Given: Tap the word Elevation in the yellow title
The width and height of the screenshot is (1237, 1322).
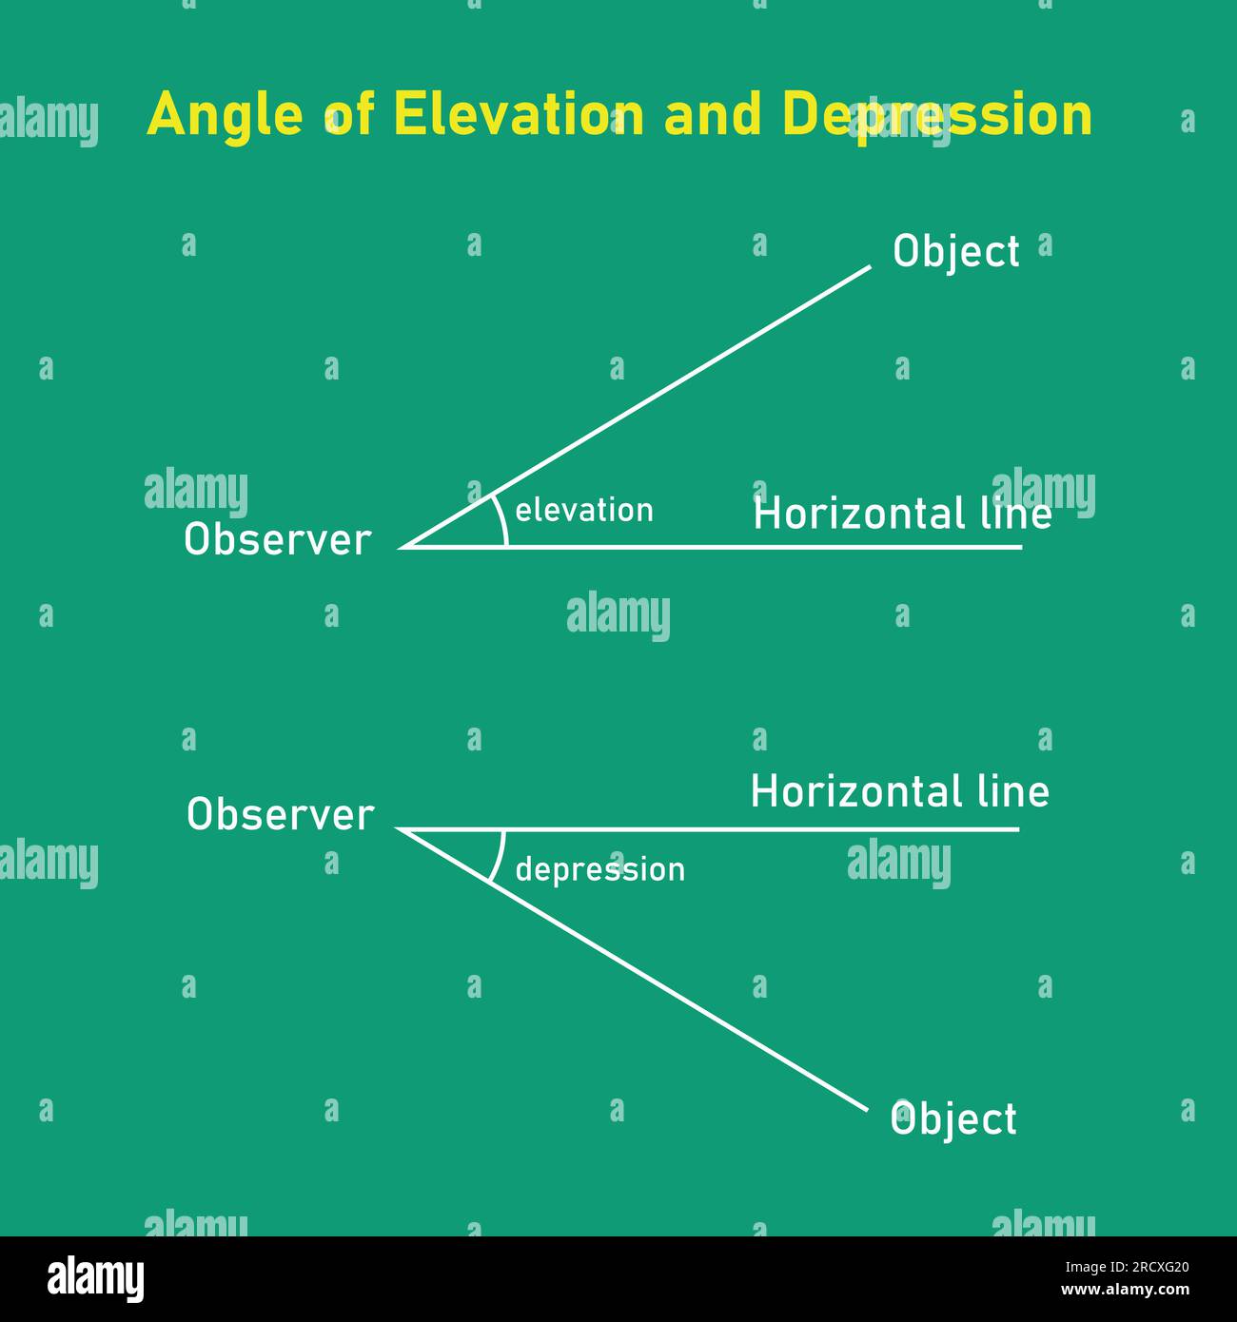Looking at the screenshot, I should [505, 114].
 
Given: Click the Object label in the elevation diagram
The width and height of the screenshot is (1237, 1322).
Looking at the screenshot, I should [955, 252].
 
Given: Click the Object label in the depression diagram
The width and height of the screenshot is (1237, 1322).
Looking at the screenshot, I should [953, 1119].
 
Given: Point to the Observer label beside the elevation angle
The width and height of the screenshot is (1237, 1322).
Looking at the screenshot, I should [277, 540].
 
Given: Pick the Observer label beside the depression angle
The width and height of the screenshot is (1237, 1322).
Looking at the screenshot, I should [280, 815].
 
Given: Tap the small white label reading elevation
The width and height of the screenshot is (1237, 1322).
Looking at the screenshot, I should [584, 511].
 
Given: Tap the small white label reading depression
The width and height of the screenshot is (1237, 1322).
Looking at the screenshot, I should [599, 869].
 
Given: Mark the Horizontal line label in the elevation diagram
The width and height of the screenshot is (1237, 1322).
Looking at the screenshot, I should [902, 515].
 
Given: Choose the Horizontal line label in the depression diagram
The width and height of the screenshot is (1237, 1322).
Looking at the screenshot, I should [899, 792].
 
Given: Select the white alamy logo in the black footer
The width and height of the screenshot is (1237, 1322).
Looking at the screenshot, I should [95, 1279].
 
